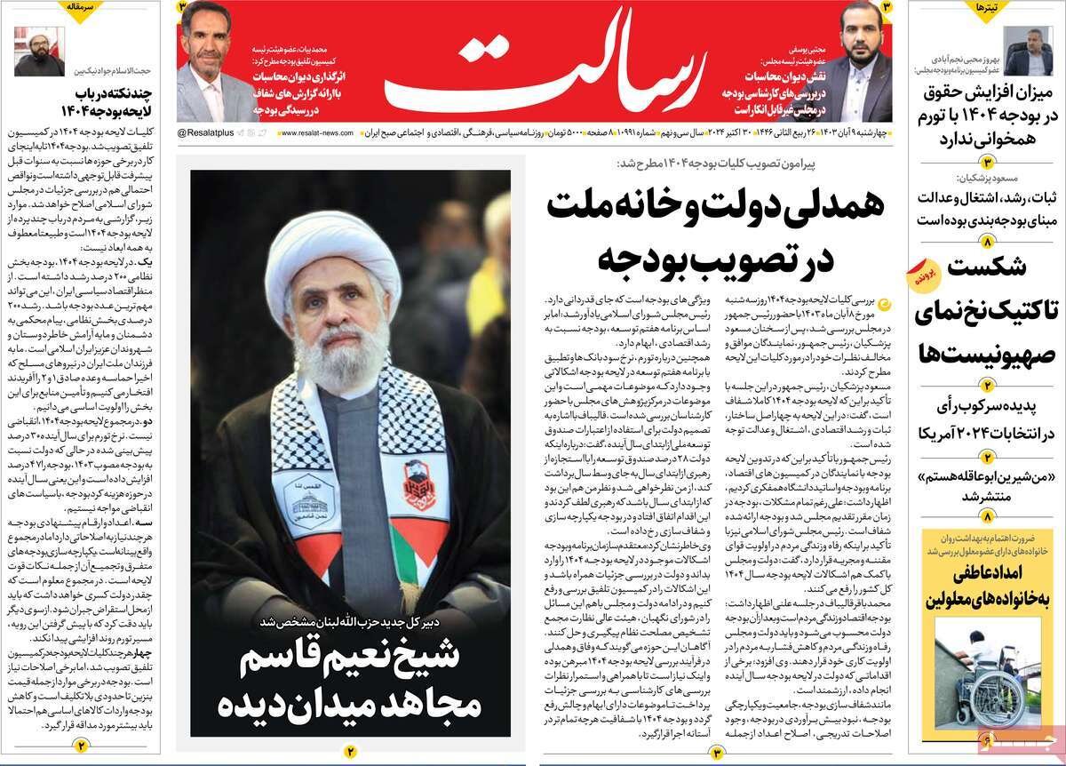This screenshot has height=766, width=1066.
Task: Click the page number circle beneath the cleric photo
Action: point(350,752)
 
